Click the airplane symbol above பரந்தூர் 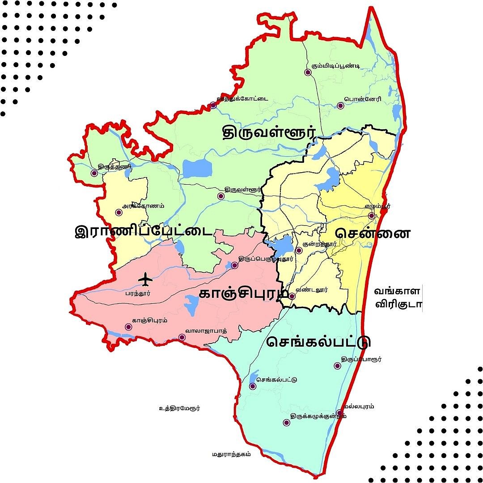click(x=145, y=280)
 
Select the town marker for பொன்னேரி click(x=340, y=106)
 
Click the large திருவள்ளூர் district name click(x=269, y=132)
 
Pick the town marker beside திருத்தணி click(x=94, y=173)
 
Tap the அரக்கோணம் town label click(x=143, y=206)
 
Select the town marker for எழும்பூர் click(x=371, y=216)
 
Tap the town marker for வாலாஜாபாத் click(x=182, y=337)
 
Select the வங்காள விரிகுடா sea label click(x=397, y=298)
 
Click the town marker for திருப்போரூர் click(x=338, y=366)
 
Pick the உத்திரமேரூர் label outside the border click(x=179, y=408)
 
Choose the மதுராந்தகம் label click(x=231, y=454)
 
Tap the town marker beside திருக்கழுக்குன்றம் click(x=286, y=422)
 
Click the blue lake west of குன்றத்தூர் click(x=281, y=246)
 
